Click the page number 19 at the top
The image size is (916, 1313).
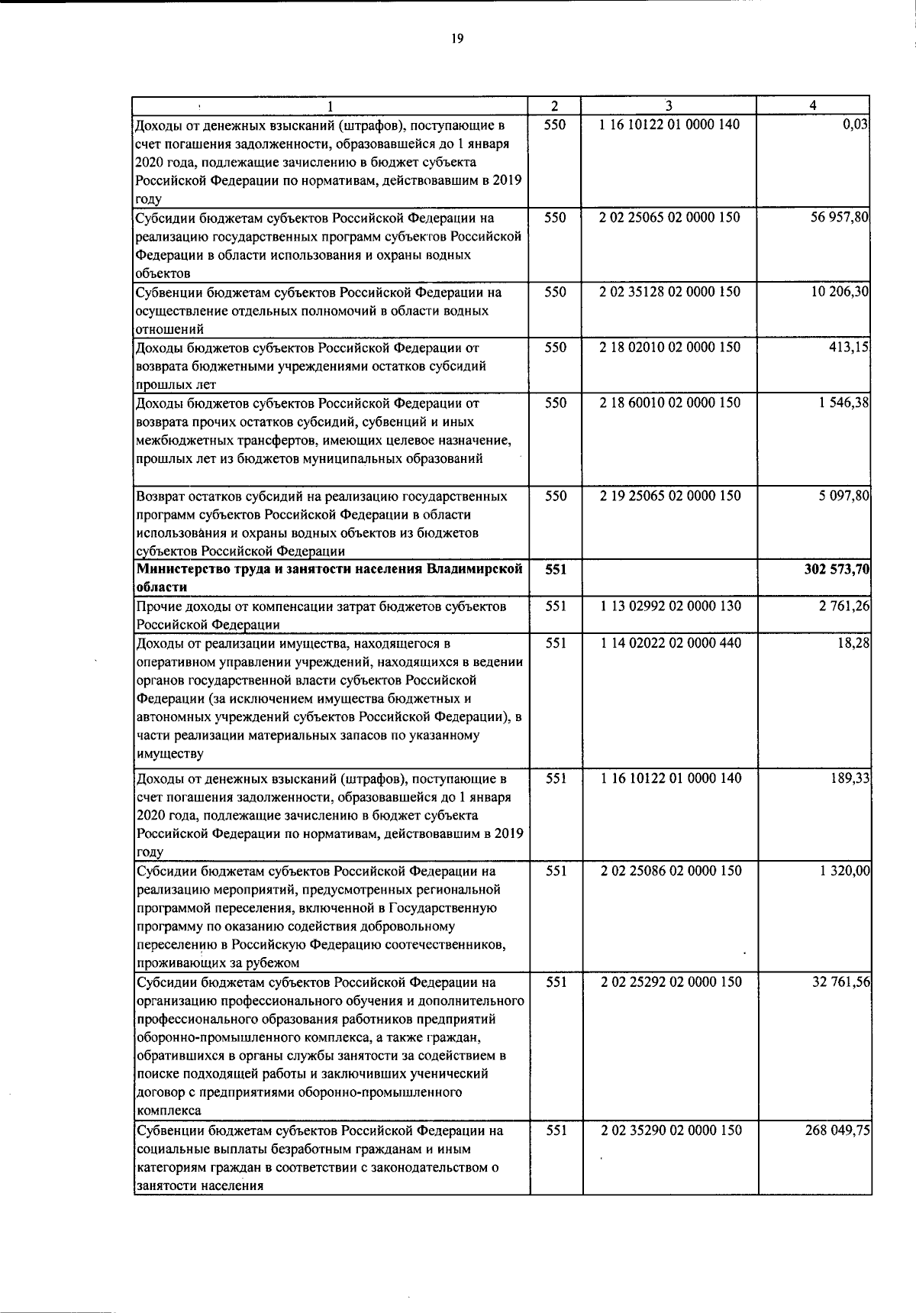457,38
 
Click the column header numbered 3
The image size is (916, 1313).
669,106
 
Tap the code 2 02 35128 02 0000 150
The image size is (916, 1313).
669,292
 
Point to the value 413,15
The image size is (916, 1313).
851,348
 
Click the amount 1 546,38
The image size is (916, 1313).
843,403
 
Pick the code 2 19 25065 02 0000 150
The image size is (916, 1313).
669,496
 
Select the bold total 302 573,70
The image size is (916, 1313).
837,569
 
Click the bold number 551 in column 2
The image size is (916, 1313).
556,569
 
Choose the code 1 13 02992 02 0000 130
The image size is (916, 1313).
669,606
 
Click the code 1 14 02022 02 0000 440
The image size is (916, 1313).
669,643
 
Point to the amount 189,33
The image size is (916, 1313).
851,778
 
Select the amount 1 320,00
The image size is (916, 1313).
844,871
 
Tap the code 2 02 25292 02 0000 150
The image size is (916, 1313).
670,982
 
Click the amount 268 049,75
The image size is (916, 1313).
838,1130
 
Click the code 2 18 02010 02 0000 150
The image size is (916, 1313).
669,348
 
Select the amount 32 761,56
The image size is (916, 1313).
841,982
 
